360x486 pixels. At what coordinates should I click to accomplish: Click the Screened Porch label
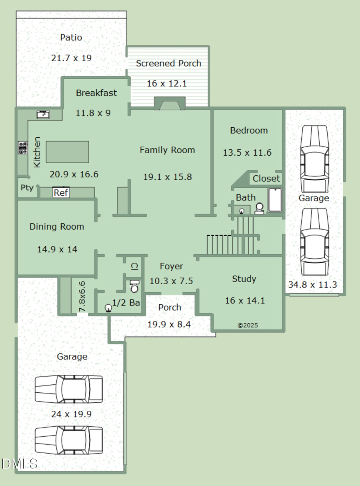(168, 63)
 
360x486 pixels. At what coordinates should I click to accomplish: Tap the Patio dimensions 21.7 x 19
(71, 58)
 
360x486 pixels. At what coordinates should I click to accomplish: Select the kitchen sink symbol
(43, 114)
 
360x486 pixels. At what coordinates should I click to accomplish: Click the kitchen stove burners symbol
(22, 148)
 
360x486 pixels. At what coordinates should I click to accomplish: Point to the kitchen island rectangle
(67, 152)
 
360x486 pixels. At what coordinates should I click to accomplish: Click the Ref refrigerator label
(61, 193)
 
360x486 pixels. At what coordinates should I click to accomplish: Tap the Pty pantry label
(27, 188)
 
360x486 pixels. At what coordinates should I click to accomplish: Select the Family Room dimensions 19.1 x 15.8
(167, 177)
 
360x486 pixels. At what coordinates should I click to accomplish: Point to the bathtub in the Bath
(275, 200)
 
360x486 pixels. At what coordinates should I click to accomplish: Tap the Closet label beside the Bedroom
(266, 179)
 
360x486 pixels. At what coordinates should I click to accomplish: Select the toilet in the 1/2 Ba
(135, 287)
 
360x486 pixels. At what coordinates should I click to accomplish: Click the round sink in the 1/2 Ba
(108, 308)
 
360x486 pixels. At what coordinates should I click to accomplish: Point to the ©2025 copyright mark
(248, 325)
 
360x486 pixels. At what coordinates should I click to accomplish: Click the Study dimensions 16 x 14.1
(244, 301)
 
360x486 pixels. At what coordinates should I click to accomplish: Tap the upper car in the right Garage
(314, 159)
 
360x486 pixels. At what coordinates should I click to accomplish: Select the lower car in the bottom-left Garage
(68, 440)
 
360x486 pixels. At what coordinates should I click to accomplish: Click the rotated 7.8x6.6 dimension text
(82, 297)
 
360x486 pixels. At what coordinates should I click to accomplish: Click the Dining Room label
(57, 227)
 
